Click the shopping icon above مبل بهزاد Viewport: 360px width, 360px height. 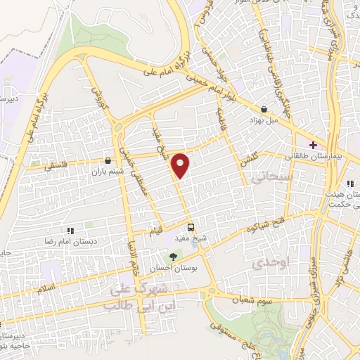pyautogui.click(x=264, y=109)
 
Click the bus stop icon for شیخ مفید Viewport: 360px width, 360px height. pyautogui.click(x=191, y=226)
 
